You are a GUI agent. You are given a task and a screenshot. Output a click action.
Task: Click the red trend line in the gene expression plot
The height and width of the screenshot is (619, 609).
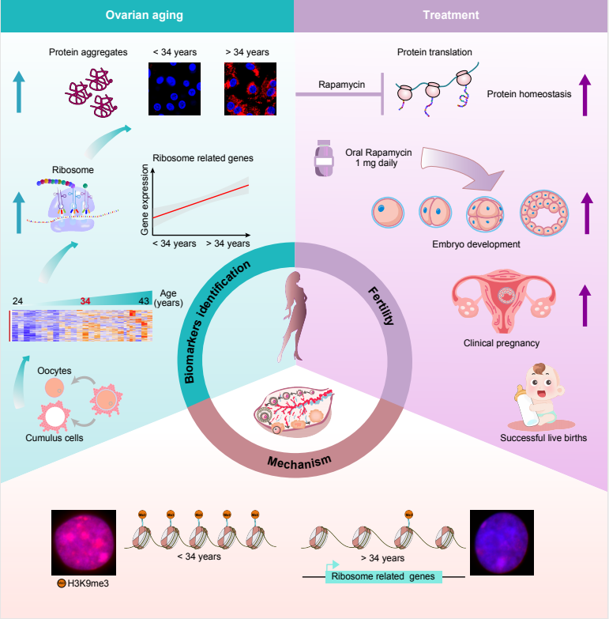coord(201,201)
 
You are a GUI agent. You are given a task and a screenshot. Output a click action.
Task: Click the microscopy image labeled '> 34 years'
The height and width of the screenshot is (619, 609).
coord(246,87)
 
